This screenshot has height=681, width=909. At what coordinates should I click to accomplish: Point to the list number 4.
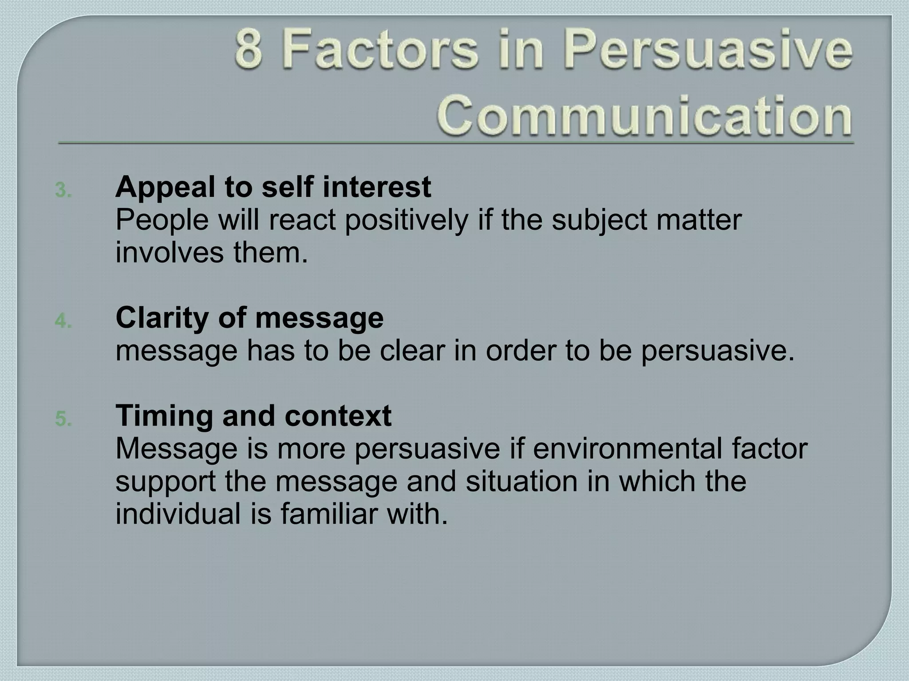[x=63, y=321]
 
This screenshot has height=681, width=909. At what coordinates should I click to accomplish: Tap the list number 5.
[x=63, y=419]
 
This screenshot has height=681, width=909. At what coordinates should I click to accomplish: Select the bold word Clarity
[x=162, y=317]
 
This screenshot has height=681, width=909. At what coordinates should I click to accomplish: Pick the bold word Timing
[x=165, y=416]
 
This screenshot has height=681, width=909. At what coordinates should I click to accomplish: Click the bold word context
[x=338, y=416]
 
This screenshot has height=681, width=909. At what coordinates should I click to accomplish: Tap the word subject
[x=599, y=220]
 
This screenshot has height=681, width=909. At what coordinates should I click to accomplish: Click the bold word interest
[x=377, y=187]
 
